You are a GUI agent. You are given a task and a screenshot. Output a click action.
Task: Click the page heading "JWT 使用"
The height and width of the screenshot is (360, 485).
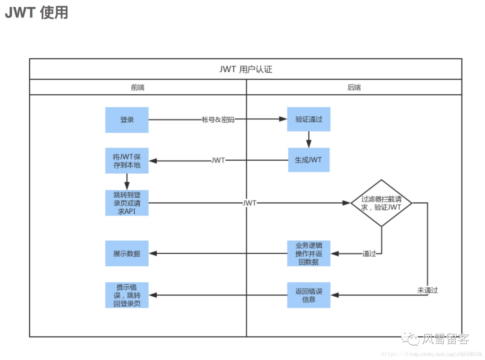pyautogui.click(x=36, y=13)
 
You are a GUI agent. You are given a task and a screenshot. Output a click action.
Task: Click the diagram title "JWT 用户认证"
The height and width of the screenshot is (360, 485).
pyautogui.click(x=246, y=69)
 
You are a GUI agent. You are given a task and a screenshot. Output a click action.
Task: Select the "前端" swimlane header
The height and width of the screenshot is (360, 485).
pyautogui.click(x=138, y=88)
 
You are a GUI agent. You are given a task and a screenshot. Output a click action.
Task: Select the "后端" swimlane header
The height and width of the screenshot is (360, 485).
pyautogui.click(x=354, y=88)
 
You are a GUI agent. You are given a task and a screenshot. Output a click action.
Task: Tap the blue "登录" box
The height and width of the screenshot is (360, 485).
pyautogui.click(x=127, y=120)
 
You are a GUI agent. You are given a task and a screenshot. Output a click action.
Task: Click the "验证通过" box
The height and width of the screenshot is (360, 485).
pyautogui.click(x=309, y=119)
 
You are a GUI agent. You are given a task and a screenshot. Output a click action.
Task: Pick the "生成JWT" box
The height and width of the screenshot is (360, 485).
pyautogui.click(x=309, y=160)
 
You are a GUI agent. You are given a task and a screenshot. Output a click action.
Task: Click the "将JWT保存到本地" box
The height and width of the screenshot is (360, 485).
pyautogui.click(x=127, y=161)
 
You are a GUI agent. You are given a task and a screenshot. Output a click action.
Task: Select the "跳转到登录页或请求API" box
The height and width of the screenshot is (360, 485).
pyautogui.click(x=127, y=203)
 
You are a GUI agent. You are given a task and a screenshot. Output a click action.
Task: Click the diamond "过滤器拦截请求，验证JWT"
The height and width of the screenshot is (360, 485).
pyautogui.click(x=381, y=203)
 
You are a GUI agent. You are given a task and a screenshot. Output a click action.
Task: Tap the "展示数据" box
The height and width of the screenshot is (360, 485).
pyautogui.click(x=127, y=254)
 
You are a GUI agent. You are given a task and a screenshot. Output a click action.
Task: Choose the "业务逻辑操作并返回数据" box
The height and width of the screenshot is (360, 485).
pyautogui.click(x=309, y=254)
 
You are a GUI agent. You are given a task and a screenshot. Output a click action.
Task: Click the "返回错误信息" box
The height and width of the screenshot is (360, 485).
pyautogui.click(x=309, y=295)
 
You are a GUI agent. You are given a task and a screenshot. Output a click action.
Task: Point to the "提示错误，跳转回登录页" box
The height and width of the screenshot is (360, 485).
pyautogui.click(x=127, y=295)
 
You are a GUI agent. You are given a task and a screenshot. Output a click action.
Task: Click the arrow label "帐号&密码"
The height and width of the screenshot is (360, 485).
pyautogui.click(x=218, y=120)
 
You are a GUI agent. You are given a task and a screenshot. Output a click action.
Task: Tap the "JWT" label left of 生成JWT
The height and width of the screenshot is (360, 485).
pyautogui.click(x=218, y=160)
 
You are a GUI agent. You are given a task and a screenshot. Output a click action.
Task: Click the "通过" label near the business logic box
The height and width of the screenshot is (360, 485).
pyautogui.click(x=369, y=254)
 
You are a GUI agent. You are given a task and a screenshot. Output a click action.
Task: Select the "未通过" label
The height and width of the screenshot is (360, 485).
pyautogui.click(x=427, y=290)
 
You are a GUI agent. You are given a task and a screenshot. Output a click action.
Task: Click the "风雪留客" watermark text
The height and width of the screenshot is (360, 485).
pyautogui.click(x=445, y=339)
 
